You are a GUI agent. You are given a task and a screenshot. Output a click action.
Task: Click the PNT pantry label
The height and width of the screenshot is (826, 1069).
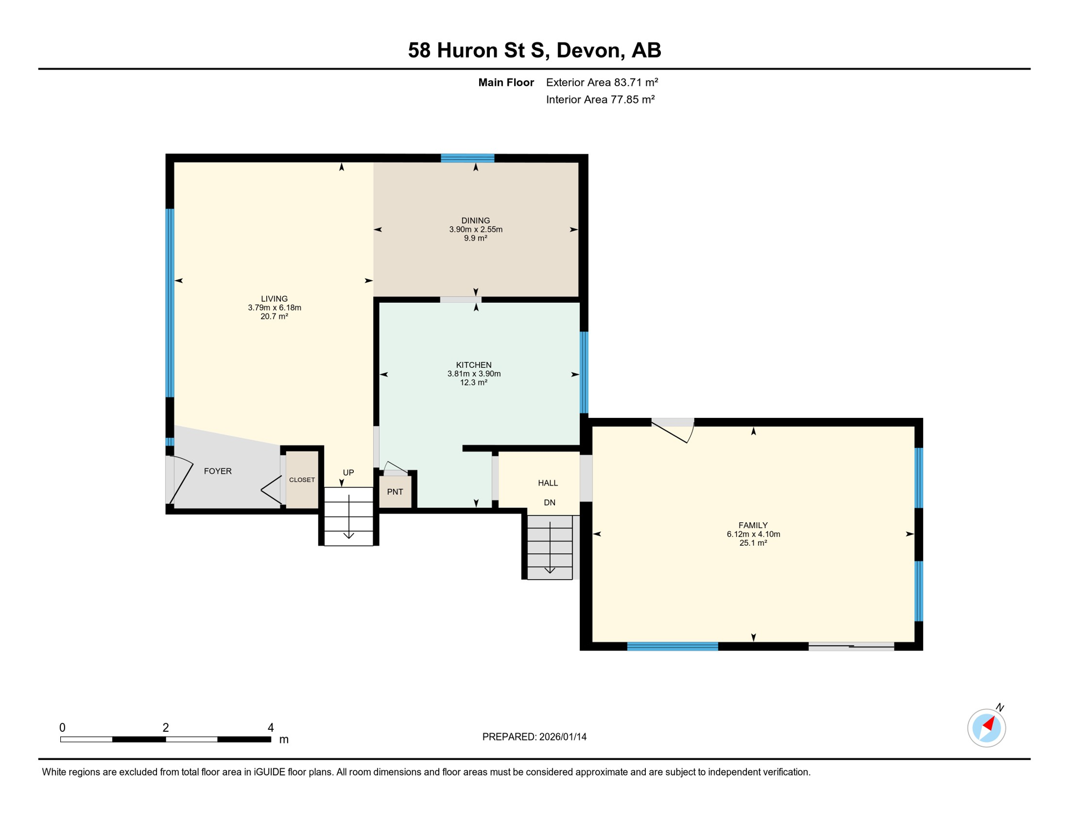click(395, 492)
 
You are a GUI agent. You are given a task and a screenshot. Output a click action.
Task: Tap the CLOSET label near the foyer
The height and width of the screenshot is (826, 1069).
click(302, 480)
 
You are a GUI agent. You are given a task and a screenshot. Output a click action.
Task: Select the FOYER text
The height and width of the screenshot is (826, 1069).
click(218, 471)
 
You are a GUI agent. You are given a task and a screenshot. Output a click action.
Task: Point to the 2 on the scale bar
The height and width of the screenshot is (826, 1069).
click(166, 728)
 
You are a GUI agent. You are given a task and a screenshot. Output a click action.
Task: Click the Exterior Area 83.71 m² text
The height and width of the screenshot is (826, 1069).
click(602, 82)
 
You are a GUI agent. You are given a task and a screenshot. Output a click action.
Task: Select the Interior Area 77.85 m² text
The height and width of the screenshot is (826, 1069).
click(600, 99)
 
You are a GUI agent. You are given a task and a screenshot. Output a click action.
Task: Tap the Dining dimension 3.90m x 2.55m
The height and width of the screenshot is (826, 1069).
click(475, 229)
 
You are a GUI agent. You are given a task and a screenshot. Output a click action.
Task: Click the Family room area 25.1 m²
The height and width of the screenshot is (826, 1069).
click(753, 543)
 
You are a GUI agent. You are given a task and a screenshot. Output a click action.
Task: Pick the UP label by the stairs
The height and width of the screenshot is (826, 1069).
click(348, 472)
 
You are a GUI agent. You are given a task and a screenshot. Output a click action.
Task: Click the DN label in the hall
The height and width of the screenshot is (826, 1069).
click(549, 502)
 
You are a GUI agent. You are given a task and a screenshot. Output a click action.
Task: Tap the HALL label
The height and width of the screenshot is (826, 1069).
click(547, 483)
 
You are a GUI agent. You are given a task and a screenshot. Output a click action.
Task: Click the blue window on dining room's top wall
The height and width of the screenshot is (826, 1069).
click(467, 158)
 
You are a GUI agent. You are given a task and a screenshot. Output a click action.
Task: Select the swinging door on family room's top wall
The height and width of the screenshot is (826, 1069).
click(673, 430)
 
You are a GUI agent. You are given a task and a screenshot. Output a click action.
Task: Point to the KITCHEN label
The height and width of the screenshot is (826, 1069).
click(473, 365)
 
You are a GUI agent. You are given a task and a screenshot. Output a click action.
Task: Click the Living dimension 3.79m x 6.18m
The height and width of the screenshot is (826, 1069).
click(274, 308)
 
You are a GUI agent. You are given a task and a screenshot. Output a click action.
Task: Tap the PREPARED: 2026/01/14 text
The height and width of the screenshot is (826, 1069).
click(534, 737)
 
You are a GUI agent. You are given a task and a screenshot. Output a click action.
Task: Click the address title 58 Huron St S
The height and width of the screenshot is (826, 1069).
click(534, 50)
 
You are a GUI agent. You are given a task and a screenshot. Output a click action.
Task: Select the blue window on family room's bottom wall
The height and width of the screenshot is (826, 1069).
click(672, 646)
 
